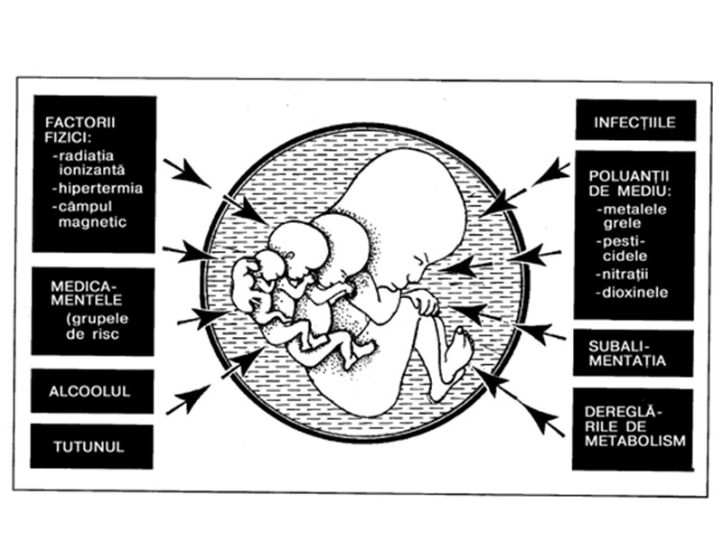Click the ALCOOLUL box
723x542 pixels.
point(91,391)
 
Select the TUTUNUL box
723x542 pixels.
point(91,446)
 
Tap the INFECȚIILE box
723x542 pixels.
point(634,122)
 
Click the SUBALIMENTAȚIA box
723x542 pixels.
point(634,352)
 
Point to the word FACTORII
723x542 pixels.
point(76,123)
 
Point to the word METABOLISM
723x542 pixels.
point(634,440)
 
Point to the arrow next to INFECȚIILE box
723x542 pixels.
point(551,171)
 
